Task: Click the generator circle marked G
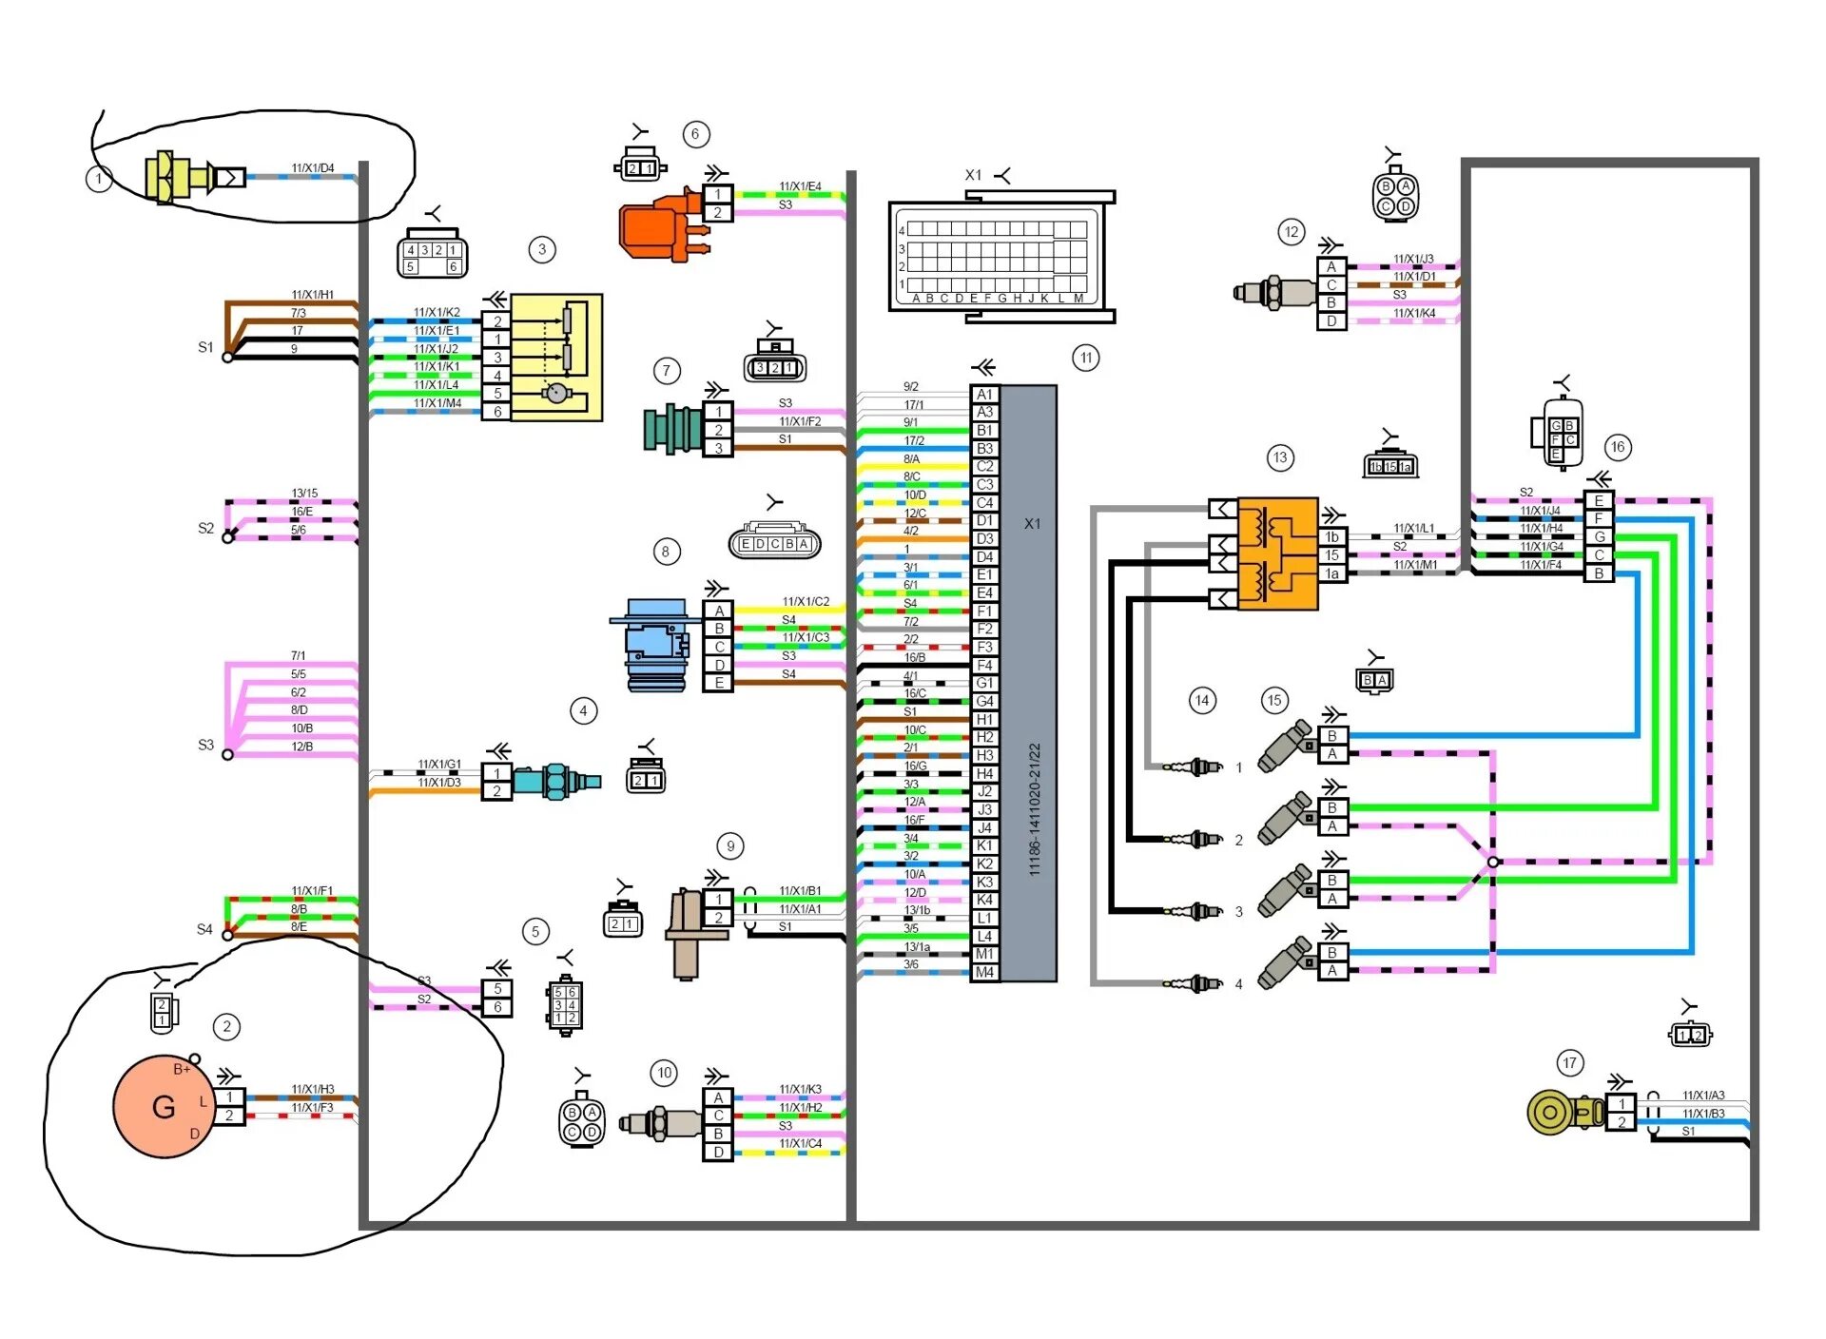pyautogui.click(x=163, y=1106)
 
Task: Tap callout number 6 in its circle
pyautogui.click(x=695, y=134)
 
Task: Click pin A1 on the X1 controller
pyautogui.click(x=984, y=394)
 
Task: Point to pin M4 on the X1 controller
pyautogui.click(x=984, y=972)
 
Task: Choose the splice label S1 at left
pyautogui.click(x=205, y=347)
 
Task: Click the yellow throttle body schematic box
pyautogui.click(x=556, y=357)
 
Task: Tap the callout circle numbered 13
pyautogui.click(x=1280, y=457)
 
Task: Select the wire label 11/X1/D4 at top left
pyautogui.click(x=313, y=168)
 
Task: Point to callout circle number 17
pyautogui.click(x=1569, y=1062)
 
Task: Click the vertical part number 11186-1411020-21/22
pyautogui.click(x=1035, y=808)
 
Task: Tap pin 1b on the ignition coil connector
pyautogui.click(x=1332, y=537)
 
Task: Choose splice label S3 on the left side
pyautogui.click(x=205, y=745)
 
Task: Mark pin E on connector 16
pyautogui.click(x=1599, y=501)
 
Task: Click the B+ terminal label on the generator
pyautogui.click(x=182, y=1069)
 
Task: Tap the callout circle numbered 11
pyautogui.click(x=1085, y=358)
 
